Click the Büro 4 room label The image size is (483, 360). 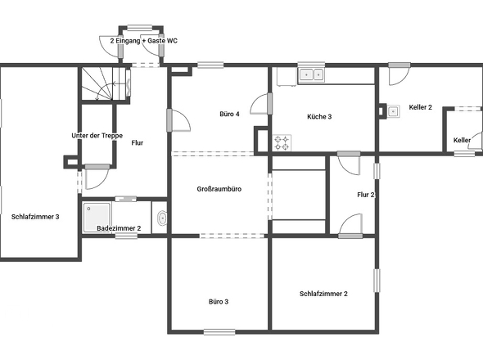229,114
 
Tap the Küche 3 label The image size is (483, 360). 319,117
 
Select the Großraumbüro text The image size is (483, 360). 219,189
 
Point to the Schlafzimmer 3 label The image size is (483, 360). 35,217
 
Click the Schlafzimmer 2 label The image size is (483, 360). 323,294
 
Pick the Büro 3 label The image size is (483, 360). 219,302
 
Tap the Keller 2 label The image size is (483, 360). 421,107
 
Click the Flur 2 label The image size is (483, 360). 366,195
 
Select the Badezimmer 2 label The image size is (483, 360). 119,228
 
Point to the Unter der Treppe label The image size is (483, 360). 97,136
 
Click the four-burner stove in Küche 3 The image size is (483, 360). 282,143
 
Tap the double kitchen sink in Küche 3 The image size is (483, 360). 311,74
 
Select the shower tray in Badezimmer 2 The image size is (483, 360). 97,218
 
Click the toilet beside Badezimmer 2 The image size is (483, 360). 162,218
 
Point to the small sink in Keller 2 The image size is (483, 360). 393,111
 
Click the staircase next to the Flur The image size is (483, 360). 104,83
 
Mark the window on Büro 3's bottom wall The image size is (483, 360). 219,332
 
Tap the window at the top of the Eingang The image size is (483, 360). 140,28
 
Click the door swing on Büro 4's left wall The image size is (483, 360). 179,120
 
